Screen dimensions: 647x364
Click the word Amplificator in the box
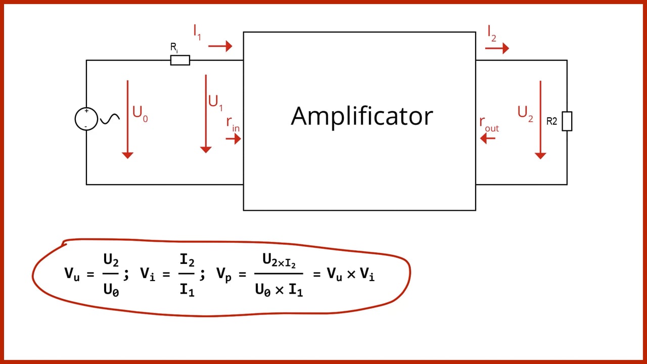pyautogui.click(x=361, y=117)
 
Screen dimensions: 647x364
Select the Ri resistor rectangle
pyautogui.click(x=180, y=60)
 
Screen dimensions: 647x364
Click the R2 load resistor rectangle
pyautogui.click(x=567, y=121)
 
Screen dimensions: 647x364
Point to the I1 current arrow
pyautogui.click(x=220, y=46)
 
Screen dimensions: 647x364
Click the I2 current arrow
pyautogui.click(x=497, y=48)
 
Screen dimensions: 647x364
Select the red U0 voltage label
pyautogui.click(x=140, y=114)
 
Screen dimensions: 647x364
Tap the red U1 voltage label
pyautogui.click(x=215, y=103)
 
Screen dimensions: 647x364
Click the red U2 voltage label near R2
pyautogui.click(x=525, y=114)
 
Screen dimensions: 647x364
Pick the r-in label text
pyautogui.click(x=233, y=124)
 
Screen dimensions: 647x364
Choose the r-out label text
pyautogui.click(x=489, y=124)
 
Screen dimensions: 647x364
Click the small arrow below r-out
pyautogui.click(x=488, y=139)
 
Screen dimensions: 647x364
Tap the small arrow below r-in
pyautogui.click(x=234, y=139)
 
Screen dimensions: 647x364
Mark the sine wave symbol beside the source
pyautogui.click(x=110, y=118)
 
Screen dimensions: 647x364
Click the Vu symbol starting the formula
pyautogui.click(x=72, y=274)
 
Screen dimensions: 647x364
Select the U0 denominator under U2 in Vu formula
pyautogui.click(x=111, y=290)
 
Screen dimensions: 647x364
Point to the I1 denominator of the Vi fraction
pyautogui.click(x=187, y=290)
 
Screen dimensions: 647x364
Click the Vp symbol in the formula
pyautogui.click(x=224, y=274)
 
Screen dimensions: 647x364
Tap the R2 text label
pyautogui.click(x=551, y=121)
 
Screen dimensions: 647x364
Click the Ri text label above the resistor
pyautogui.click(x=174, y=48)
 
